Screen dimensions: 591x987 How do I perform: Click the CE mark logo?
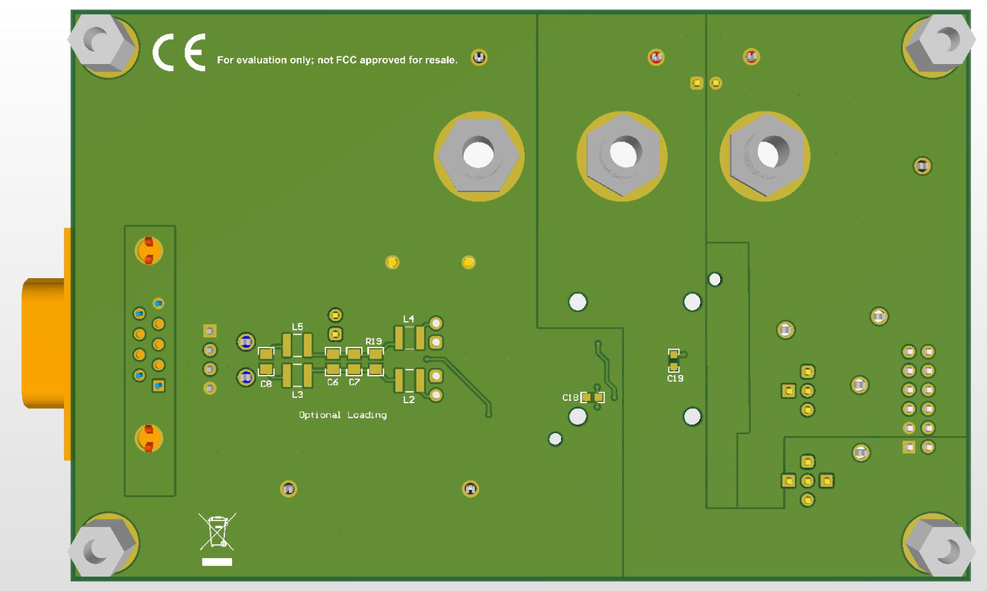point(179,52)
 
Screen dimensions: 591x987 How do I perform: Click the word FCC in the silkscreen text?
point(346,60)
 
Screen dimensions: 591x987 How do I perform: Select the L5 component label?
point(297,327)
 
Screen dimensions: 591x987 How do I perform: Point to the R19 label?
point(374,341)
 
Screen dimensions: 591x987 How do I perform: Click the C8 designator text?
point(266,384)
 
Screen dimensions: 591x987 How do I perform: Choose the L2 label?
point(409,400)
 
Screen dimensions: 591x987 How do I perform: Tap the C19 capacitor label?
point(675,379)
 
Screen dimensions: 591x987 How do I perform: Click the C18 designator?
point(570,397)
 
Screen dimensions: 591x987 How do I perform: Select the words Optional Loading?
point(343,415)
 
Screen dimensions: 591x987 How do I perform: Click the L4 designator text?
point(409,319)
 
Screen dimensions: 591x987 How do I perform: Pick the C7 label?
point(354,382)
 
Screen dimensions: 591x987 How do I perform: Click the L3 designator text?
point(297,394)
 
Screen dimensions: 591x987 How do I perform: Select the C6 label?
point(333,382)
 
